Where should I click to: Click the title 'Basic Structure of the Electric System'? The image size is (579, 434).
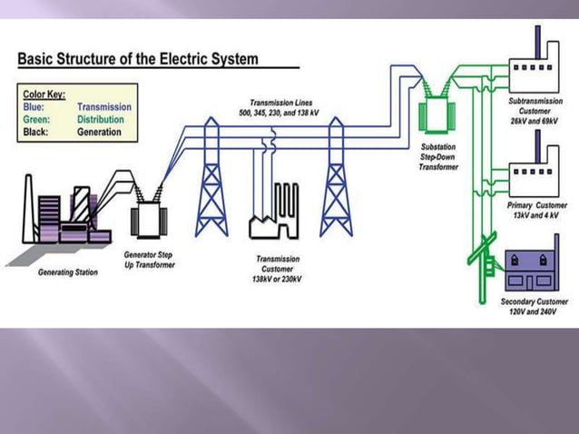[138, 59]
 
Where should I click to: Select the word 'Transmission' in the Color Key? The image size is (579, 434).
[104, 106]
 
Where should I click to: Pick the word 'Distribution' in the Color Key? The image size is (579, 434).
[101, 119]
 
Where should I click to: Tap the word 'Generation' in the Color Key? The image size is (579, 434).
[99, 132]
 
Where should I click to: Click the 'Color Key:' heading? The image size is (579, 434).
[44, 94]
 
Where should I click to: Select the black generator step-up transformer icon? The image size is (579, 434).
[147, 219]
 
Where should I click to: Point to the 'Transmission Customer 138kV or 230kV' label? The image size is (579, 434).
[279, 268]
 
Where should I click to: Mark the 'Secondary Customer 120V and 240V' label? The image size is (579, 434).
[535, 305]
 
